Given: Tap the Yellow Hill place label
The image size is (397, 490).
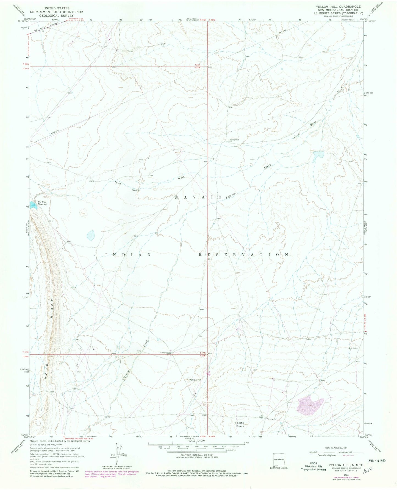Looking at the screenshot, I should click(x=195, y=380).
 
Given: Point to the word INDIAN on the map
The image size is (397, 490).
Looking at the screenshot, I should click(x=128, y=255).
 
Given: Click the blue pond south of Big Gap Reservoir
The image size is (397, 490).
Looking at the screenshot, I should click(x=91, y=235).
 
